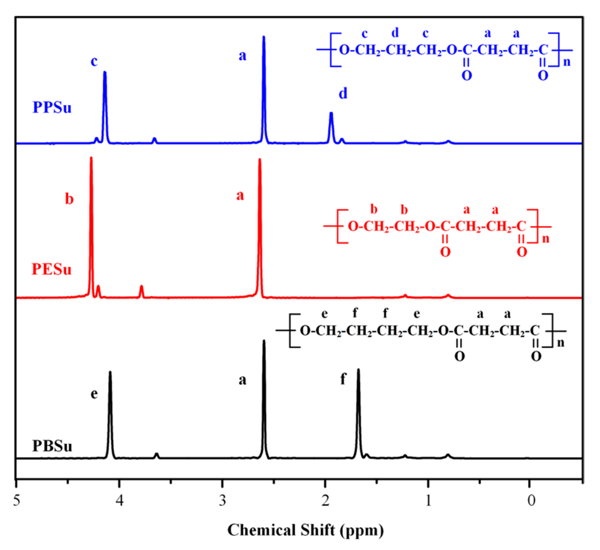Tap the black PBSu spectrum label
point(52,446)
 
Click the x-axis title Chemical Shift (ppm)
point(306,530)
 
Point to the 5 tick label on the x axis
point(17,500)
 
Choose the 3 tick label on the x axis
point(222,500)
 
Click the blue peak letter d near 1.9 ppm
point(343,94)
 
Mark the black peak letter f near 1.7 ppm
point(343,379)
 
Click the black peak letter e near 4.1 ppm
point(94,394)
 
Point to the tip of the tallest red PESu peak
point(91,158)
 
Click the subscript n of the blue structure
point(567,62)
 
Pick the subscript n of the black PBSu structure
point(561,343)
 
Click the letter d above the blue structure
point(395,33)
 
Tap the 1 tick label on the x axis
point(428,500)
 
